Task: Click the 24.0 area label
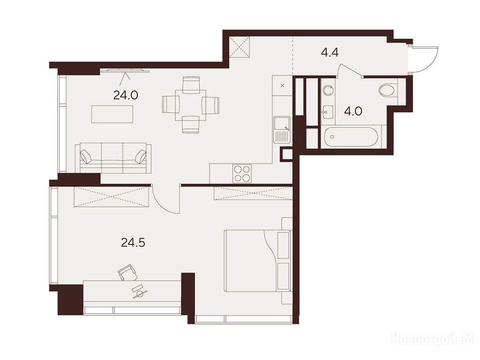coord(126,96)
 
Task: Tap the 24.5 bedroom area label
coord(133,243)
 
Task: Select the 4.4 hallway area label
coord(330,52)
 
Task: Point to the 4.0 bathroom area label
coord(353,111)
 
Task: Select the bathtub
coord(351,137)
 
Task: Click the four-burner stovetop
coord(242,173)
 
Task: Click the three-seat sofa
coord(113,158)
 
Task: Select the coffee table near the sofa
coord(112,114)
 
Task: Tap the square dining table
coord(190,105)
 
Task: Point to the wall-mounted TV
coord(125,71)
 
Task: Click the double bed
coord(257,261)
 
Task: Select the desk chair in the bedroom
coord(128,272)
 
